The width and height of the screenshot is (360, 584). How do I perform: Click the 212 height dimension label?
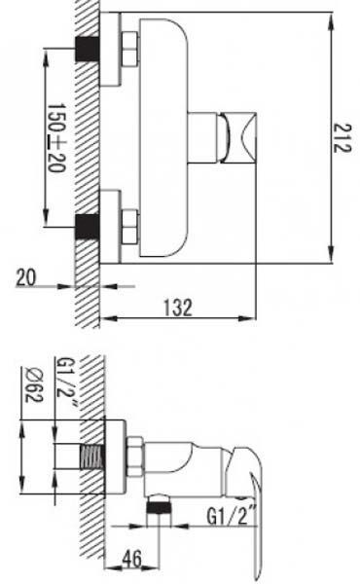(341, 138)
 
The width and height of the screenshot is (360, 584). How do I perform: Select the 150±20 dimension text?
(56, 138)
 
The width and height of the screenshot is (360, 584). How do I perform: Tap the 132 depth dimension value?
(178, 308)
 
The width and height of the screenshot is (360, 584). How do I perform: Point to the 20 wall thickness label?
(26, 277)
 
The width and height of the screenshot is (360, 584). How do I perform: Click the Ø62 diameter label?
(34, 384)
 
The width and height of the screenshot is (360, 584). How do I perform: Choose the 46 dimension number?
(132, 559)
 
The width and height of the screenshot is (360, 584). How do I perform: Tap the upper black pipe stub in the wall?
(88, 49)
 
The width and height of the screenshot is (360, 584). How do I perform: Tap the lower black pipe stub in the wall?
(88, 227)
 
